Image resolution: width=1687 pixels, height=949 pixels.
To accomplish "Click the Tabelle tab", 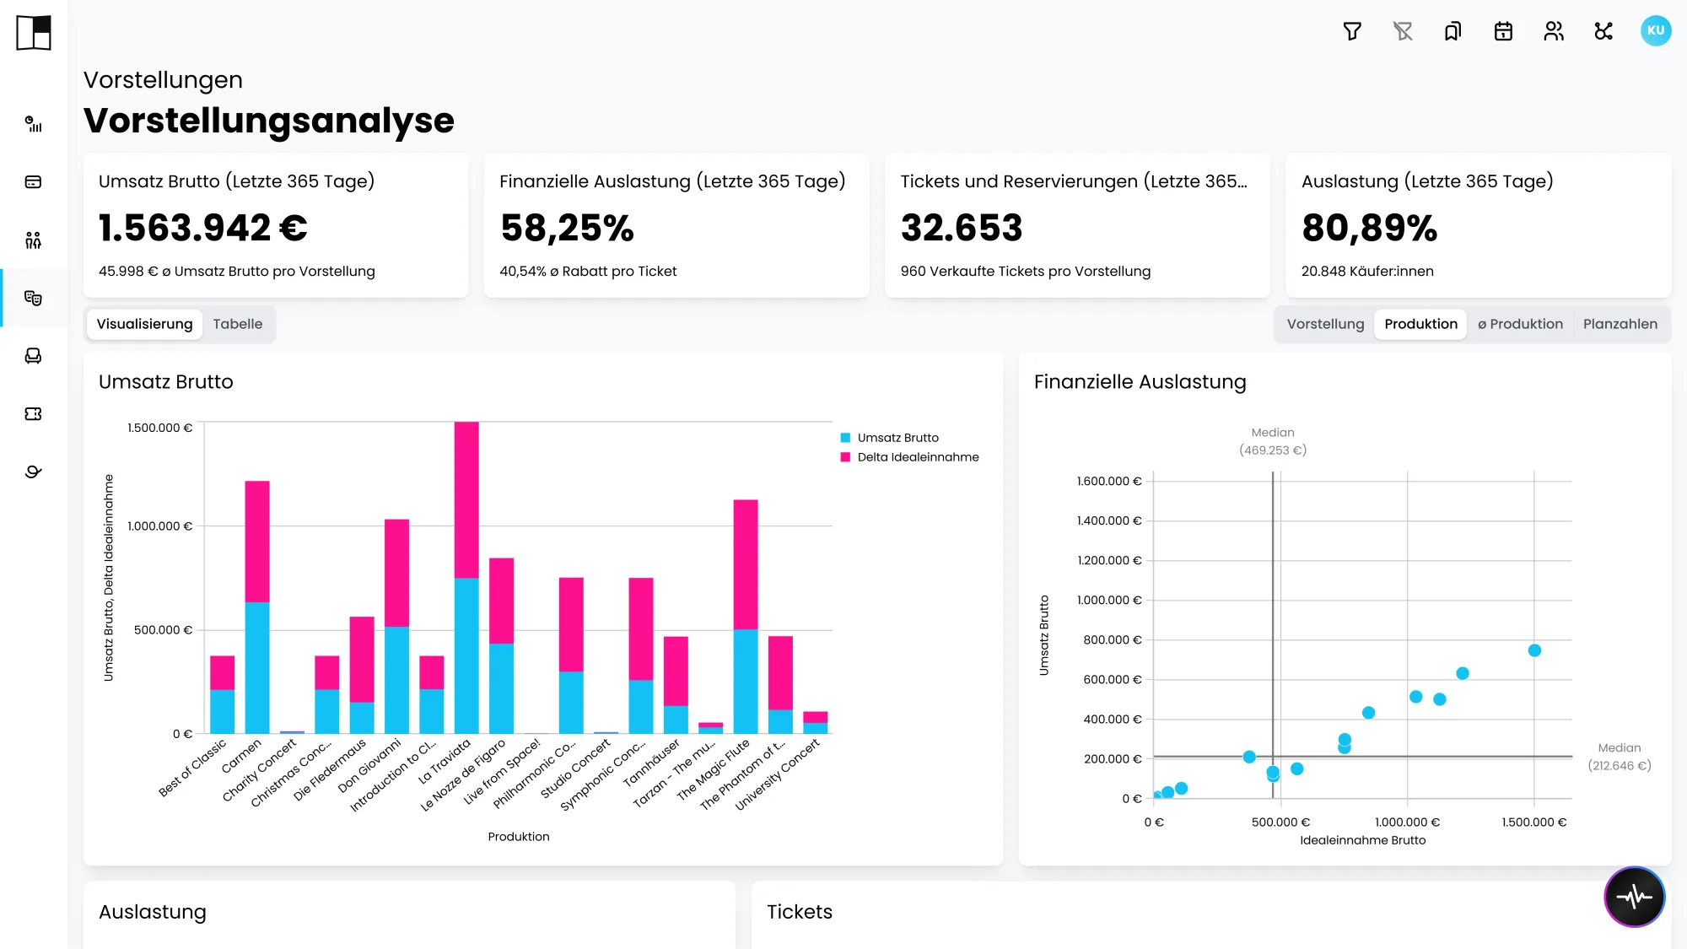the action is tap(237, 324).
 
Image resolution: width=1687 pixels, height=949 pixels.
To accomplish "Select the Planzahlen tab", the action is tap(1620, 324).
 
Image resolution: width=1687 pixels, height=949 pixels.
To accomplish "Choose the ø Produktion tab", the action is tap(1520, 324).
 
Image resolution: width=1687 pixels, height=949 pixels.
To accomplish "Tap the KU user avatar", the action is tap(1656, 31).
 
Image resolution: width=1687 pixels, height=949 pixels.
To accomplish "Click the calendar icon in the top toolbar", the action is tap(1503, 31).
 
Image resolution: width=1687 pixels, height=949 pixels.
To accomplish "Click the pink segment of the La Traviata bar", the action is tap(466, 499).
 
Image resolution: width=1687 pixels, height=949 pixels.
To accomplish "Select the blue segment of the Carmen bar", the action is tap(257, 667).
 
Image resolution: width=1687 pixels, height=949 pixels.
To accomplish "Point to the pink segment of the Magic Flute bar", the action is tap(746, 564).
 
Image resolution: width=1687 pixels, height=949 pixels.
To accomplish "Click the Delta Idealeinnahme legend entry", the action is tap(909, 457).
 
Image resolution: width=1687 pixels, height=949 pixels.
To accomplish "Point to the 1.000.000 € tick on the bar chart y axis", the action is tap(159, 526).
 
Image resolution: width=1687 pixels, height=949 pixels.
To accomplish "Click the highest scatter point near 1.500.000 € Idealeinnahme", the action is tap(1534, 650).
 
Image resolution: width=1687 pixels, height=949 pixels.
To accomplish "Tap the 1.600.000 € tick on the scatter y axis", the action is tap(1108, 482).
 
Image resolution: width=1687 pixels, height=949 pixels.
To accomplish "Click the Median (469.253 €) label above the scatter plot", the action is tap(1273, 441).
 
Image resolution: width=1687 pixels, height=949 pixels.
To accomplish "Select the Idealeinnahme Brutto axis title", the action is tap(1363, 840).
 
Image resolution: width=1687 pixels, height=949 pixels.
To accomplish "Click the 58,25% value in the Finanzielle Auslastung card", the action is tap(567, 228).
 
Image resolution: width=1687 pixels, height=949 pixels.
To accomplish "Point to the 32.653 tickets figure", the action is tap(962, 228).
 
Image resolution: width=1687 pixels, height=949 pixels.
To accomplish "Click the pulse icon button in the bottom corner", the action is tap(1635, 897).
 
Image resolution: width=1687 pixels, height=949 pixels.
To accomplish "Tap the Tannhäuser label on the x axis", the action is tap(652, 763).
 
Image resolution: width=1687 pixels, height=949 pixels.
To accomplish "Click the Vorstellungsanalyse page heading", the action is tap(269, 121).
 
